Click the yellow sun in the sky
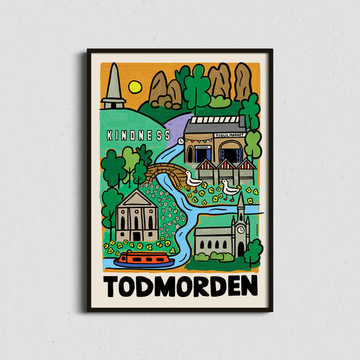click(134, 86)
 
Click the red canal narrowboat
click(143, 259)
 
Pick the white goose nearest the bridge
click(193, 180)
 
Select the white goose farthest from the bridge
click(230, 190)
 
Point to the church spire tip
click(240, 196)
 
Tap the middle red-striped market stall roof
click(226, 165)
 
